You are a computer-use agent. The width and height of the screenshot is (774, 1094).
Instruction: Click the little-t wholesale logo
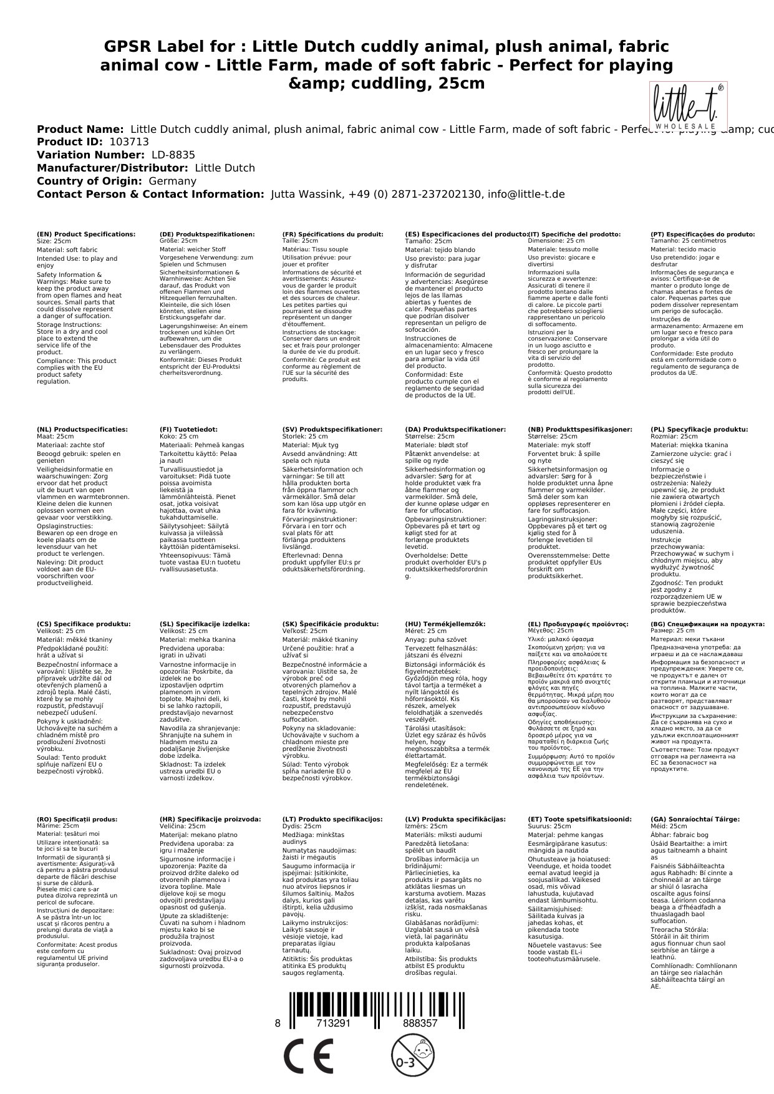tap(688, 107)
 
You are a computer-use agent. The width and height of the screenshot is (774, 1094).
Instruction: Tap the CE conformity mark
tap(308, 1058)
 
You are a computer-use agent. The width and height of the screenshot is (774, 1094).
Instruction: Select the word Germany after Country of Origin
tap(172, 181)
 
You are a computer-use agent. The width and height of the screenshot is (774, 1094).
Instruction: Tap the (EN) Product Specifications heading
tap(86, 234)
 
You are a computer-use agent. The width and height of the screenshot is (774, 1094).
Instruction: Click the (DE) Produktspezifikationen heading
tap(207, 234)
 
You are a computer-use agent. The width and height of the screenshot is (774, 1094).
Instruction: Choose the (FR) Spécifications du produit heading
tap(332, 234)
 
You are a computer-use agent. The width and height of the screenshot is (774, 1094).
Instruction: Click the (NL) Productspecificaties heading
tap(82, 429)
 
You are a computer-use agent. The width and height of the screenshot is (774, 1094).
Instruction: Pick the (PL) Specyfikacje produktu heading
tap(699, 429)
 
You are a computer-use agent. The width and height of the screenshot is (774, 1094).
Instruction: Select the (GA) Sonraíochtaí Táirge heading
tap(695, 819)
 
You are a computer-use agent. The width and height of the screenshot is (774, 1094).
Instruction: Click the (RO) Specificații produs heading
tap(77, 819)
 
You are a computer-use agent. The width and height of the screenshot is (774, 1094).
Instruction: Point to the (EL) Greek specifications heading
tap(578, 624)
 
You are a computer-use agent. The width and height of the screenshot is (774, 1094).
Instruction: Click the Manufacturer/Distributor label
tap(112, 168)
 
